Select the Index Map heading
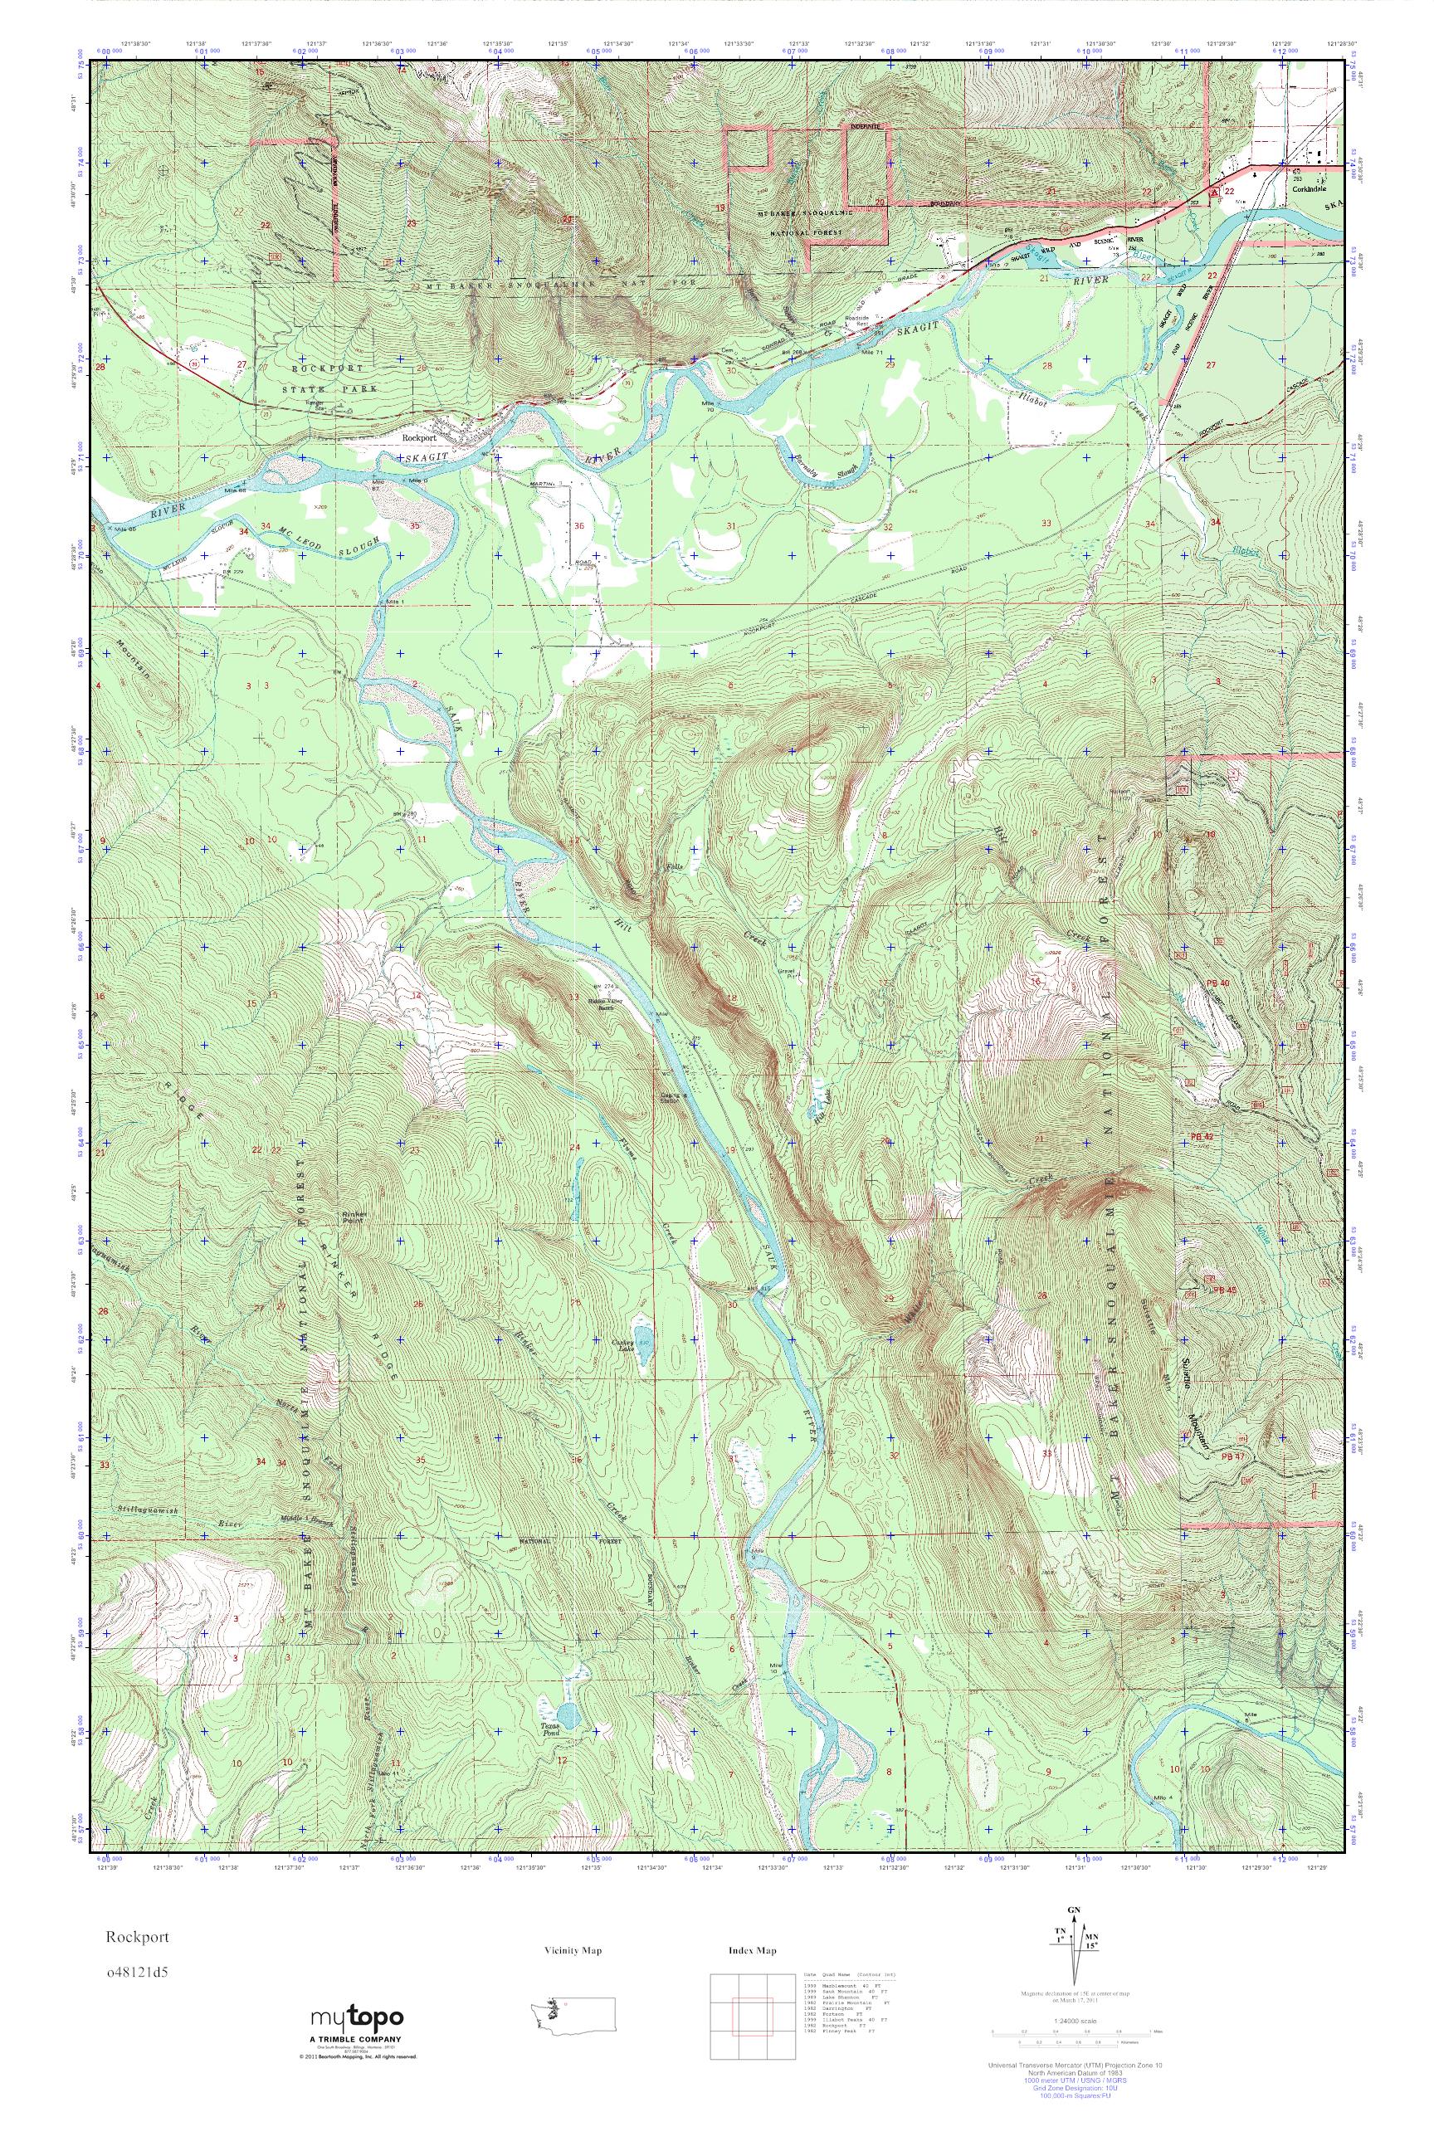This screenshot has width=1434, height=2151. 753,1951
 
